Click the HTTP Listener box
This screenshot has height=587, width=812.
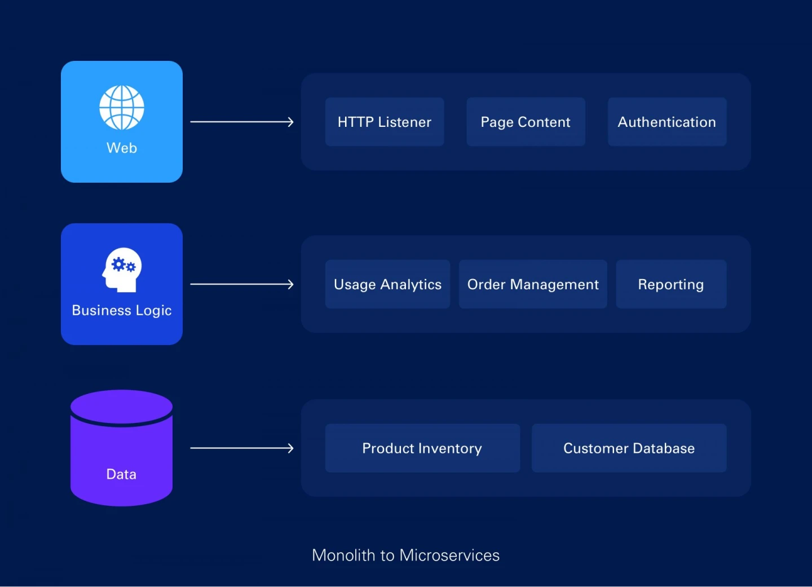click(385, 122)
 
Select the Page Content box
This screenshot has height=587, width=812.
click(526, 122)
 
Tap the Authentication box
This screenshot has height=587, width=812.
click(667, 122)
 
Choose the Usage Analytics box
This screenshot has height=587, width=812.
click(387, 284)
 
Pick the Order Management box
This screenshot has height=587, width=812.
click(533, 284)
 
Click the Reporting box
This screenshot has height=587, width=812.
click(671, 284)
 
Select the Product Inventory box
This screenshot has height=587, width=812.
click(422, 448)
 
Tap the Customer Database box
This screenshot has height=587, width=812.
click(629, 448)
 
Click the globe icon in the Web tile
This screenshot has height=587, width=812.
click(122, 107)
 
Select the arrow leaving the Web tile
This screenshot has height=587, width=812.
click(242, 122)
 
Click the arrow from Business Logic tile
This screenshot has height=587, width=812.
click(242, 284)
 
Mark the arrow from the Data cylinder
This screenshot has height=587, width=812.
click(242, 448)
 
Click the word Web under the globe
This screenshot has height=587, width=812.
click(122, 148)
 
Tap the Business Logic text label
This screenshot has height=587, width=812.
click(122, 311)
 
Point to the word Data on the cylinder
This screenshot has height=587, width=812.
click(121, 474)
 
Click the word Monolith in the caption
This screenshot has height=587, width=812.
click(343, 555)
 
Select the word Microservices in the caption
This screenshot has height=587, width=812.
click(449, 555)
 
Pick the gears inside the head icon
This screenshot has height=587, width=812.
click(123, 264)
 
